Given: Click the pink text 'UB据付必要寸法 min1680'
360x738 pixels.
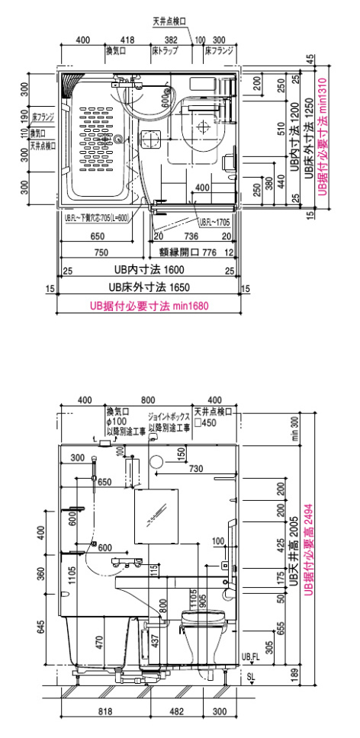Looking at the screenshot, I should pyautogui.click(x=149, y=305).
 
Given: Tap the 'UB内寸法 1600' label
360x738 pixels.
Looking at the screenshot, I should pyautogui.click(x=148, y=270).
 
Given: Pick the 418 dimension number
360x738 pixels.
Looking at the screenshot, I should pyautogui.click(x=128, y=40).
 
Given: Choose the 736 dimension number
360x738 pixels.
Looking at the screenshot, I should pyautogui.click(x=191, y=237).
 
